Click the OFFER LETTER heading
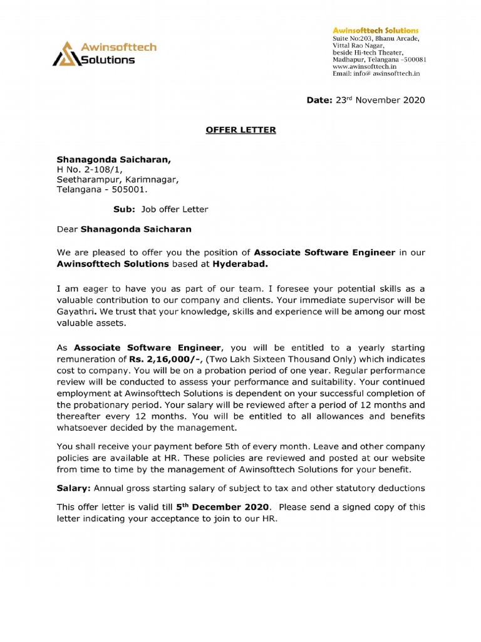pos(241,130)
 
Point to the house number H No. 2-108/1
pos(90,169)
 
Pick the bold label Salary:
pos(75,488)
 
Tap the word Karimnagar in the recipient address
pos(152,179)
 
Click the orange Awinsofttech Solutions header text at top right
pos(375,31)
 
